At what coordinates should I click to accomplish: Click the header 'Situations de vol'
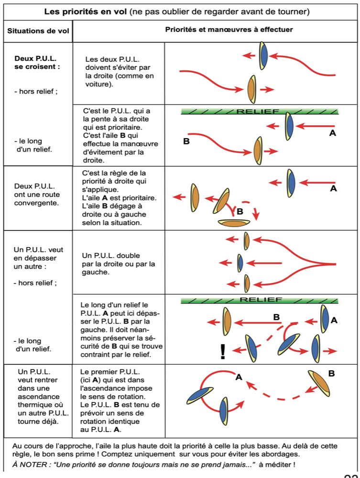(x=38, y=31)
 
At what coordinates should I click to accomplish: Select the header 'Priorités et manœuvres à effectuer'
(x=229, y=30)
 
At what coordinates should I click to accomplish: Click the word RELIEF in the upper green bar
(x=258, y=111)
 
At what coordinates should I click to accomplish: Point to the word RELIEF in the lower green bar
(x=261, y=300)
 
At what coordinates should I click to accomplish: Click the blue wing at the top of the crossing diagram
(x=263, y=56)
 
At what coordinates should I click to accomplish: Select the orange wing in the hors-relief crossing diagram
(x=251, y=89)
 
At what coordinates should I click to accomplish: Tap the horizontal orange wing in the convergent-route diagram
(x=234, y=223)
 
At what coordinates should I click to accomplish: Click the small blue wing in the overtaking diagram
(x=240, y=263)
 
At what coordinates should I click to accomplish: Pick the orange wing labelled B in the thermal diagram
(x=319, y=383)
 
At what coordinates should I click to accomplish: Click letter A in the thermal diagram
(x=239, y=378)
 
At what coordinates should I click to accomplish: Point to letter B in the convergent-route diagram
(x=240, y=211)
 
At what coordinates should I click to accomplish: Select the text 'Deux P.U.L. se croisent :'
(x=37, y=63)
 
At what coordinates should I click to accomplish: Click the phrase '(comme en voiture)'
(x=120, y=80)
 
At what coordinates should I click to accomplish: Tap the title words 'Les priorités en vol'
(x=86, y=11)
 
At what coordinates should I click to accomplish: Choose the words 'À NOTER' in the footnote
(x=30, y=465)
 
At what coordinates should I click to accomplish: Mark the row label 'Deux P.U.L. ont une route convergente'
(x=37, y=195)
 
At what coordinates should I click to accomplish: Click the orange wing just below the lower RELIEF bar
(x=227, y=321)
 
